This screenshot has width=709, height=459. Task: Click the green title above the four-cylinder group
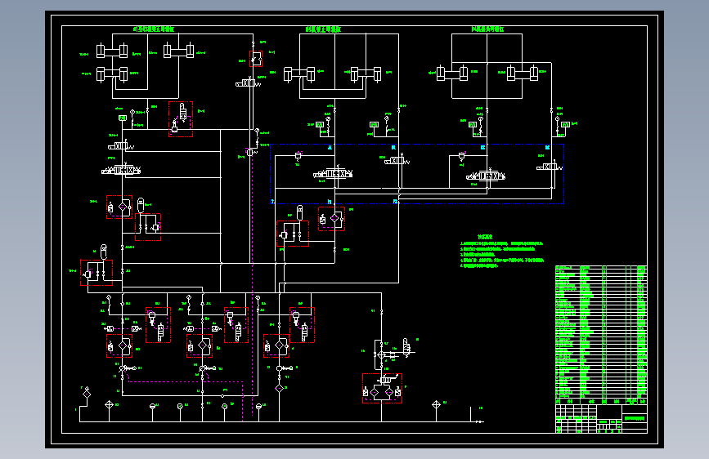coord(154,29)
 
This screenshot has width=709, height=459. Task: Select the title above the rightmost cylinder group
coord(488,29)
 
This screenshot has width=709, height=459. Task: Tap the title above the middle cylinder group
coord(323,29)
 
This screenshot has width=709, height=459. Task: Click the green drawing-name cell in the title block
coord(635,417)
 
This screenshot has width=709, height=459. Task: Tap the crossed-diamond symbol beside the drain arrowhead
coord(436,405)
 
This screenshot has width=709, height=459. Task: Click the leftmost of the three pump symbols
coord(123,368)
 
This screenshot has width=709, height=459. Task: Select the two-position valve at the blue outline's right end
coord(549,167)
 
